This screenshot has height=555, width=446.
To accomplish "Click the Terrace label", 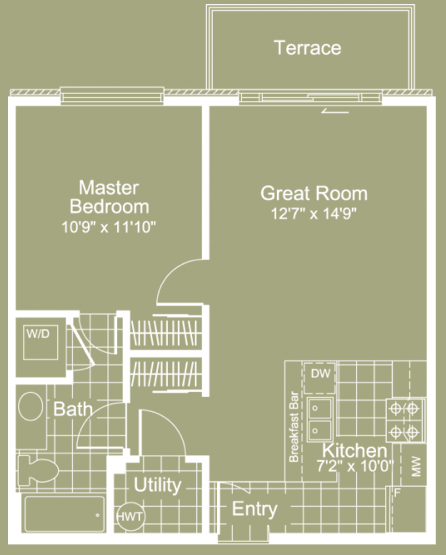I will (x=307, y=47).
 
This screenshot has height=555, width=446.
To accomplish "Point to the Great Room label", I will (x=313, y=193).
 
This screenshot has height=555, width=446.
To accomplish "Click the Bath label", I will (x=72, y=409).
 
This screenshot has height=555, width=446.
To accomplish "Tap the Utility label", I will (x=158, y=486).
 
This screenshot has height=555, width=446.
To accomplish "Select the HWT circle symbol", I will (x=129, y=516).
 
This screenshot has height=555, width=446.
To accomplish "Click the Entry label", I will (x=254, y=508).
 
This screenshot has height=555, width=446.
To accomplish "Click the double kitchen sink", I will (x=320, y=420).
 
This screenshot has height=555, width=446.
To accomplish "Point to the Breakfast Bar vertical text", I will (x=294, y=425).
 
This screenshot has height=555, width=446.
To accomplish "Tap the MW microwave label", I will (x=413, y=465).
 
